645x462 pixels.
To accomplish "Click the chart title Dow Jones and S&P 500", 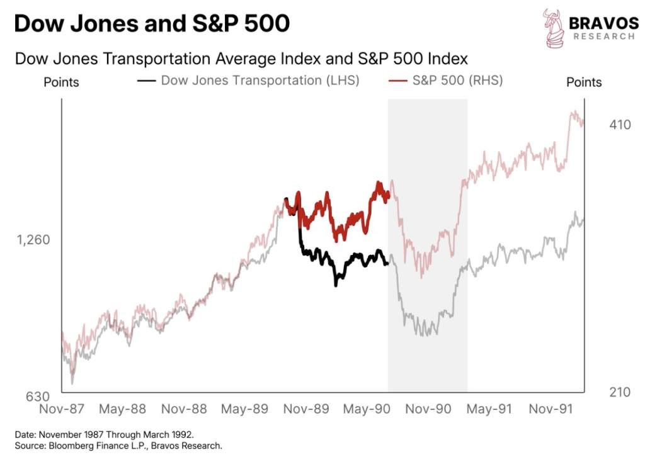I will pyautogui.click(x=152, y=24).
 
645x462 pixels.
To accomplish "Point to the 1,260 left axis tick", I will pyautogui.click(x=33, y=240).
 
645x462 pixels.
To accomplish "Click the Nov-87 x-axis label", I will pyautogui.click(x=62, y=409).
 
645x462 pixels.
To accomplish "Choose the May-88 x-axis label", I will pyautogui.click(x=122, y=409).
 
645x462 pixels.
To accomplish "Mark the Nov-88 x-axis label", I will pyautogui.click(x=184, y=409).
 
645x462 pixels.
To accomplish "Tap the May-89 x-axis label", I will pyautogui.click(x=244, y=409).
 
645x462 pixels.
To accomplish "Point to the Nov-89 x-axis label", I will pyautogui.click(x=305, y=409).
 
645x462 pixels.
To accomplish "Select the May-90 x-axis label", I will pyautogui.click(x=366, y=409).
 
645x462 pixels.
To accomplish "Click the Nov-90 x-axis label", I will pyautogui.click(x=428, y=409).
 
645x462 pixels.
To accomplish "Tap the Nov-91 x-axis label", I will pyautogui.click(x=549, y=409).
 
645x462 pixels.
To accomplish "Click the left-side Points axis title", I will pyautogui.click(x=61, y=82).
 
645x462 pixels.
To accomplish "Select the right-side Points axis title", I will pyautogui.click(x=584, y=82).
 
